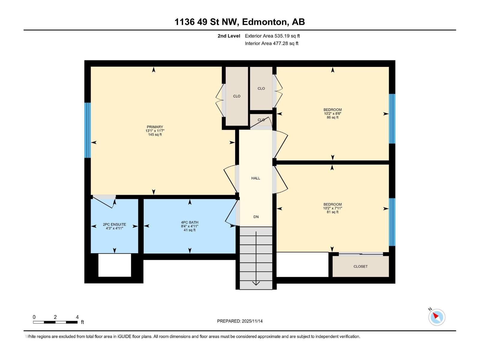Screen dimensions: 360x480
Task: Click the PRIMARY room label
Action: tap(155, 127)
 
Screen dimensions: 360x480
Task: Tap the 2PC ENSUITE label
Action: tap(114, 224)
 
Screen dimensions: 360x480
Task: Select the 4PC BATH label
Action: tap(190, 223)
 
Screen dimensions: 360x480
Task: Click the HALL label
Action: tap(256, 178)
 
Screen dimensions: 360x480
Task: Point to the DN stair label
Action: tap(256, 217)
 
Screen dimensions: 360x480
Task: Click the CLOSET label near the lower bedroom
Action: tap(360, 266)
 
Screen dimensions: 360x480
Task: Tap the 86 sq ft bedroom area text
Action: tap(332, 118)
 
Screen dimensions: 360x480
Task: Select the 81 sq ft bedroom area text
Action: tap(332, 212)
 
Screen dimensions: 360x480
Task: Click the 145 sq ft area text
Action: tap(155, 135)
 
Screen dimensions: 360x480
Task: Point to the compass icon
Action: tap(437, 317)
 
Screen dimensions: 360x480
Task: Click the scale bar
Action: tap(55, 322)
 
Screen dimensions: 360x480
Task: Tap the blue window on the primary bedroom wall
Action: tap(87, 130)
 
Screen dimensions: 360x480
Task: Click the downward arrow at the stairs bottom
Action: tap(256, 283)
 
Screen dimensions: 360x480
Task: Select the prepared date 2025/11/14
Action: tap(240, 321)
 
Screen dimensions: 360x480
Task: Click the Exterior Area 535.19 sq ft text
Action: tap(272, 36)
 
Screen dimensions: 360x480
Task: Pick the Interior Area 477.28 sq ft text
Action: tap(271, 43)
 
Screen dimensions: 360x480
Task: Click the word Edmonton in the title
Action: tap(264, 22)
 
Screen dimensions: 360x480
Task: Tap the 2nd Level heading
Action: tap(229, 36)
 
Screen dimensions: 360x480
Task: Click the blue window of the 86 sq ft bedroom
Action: tap(392, 119)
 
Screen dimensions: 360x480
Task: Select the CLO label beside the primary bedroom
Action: tap(237, 96)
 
